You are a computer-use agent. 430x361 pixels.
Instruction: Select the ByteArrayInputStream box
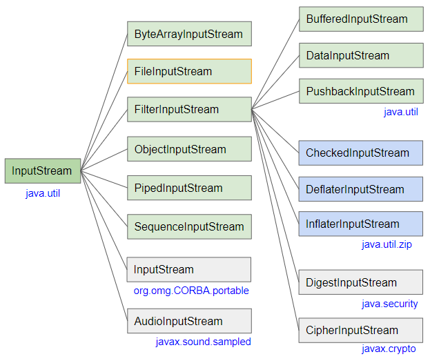click(189, 34)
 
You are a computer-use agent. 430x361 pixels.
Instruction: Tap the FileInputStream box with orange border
click(189, 71)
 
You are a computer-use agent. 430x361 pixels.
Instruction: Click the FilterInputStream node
click(189, 109)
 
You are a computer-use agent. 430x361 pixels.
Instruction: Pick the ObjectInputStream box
click(189, 149)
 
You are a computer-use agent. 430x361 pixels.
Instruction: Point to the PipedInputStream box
click(189, 188)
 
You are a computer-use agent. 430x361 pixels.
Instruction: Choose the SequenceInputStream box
click(189, 226)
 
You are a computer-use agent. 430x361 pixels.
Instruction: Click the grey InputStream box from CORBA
click(189, 269)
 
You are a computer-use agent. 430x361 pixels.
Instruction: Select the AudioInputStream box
click(189, 321)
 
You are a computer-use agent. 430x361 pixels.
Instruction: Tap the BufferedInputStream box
click(360, 19)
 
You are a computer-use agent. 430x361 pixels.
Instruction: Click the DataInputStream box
click(360, 55)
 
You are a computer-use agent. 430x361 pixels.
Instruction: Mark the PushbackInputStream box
click(360, 91)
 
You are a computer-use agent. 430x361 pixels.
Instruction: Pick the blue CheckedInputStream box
click(360, 153)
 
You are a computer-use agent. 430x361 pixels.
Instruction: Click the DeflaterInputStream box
click(360, 189)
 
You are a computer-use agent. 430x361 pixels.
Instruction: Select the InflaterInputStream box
click(360, 224)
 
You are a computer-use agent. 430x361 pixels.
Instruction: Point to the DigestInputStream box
click(360, 282)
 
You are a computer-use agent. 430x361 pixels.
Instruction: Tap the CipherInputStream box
click(360, 330)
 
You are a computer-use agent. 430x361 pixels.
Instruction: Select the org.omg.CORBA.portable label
click(191, 291)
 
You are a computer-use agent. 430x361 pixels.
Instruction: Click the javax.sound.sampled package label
click(203, 342)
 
